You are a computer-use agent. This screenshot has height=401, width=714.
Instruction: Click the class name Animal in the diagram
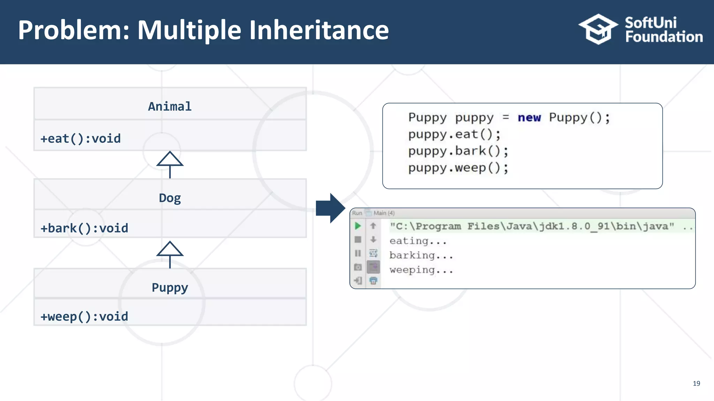click(170, 107)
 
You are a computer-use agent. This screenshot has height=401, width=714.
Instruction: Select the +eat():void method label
click(81, 139)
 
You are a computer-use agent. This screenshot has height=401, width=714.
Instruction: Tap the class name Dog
click(170, 198)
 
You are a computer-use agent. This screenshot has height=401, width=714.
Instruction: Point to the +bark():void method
click(84, 228)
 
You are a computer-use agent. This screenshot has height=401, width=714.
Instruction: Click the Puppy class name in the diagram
click(170, 288)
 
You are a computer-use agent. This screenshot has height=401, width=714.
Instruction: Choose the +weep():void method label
click(84, 317)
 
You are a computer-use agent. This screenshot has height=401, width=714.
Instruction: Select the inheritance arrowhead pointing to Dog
click(170, 249)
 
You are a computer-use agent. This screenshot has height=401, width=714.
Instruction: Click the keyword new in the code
click(529, 118)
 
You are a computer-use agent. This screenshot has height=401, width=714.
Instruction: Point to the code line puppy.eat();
click(454, 134)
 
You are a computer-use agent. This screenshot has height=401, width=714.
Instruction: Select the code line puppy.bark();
click(458, 151)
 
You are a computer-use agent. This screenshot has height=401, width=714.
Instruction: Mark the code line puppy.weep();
click(458, 168)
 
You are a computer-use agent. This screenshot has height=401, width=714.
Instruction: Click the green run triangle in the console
click(358, 226)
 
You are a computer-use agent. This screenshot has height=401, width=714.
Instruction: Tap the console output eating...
click(418, 241)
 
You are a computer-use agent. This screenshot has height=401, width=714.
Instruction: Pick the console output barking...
click(421, 255)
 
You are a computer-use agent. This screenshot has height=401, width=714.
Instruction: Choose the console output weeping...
click(421, 270)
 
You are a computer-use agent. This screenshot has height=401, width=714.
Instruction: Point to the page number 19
click(696, 384)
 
